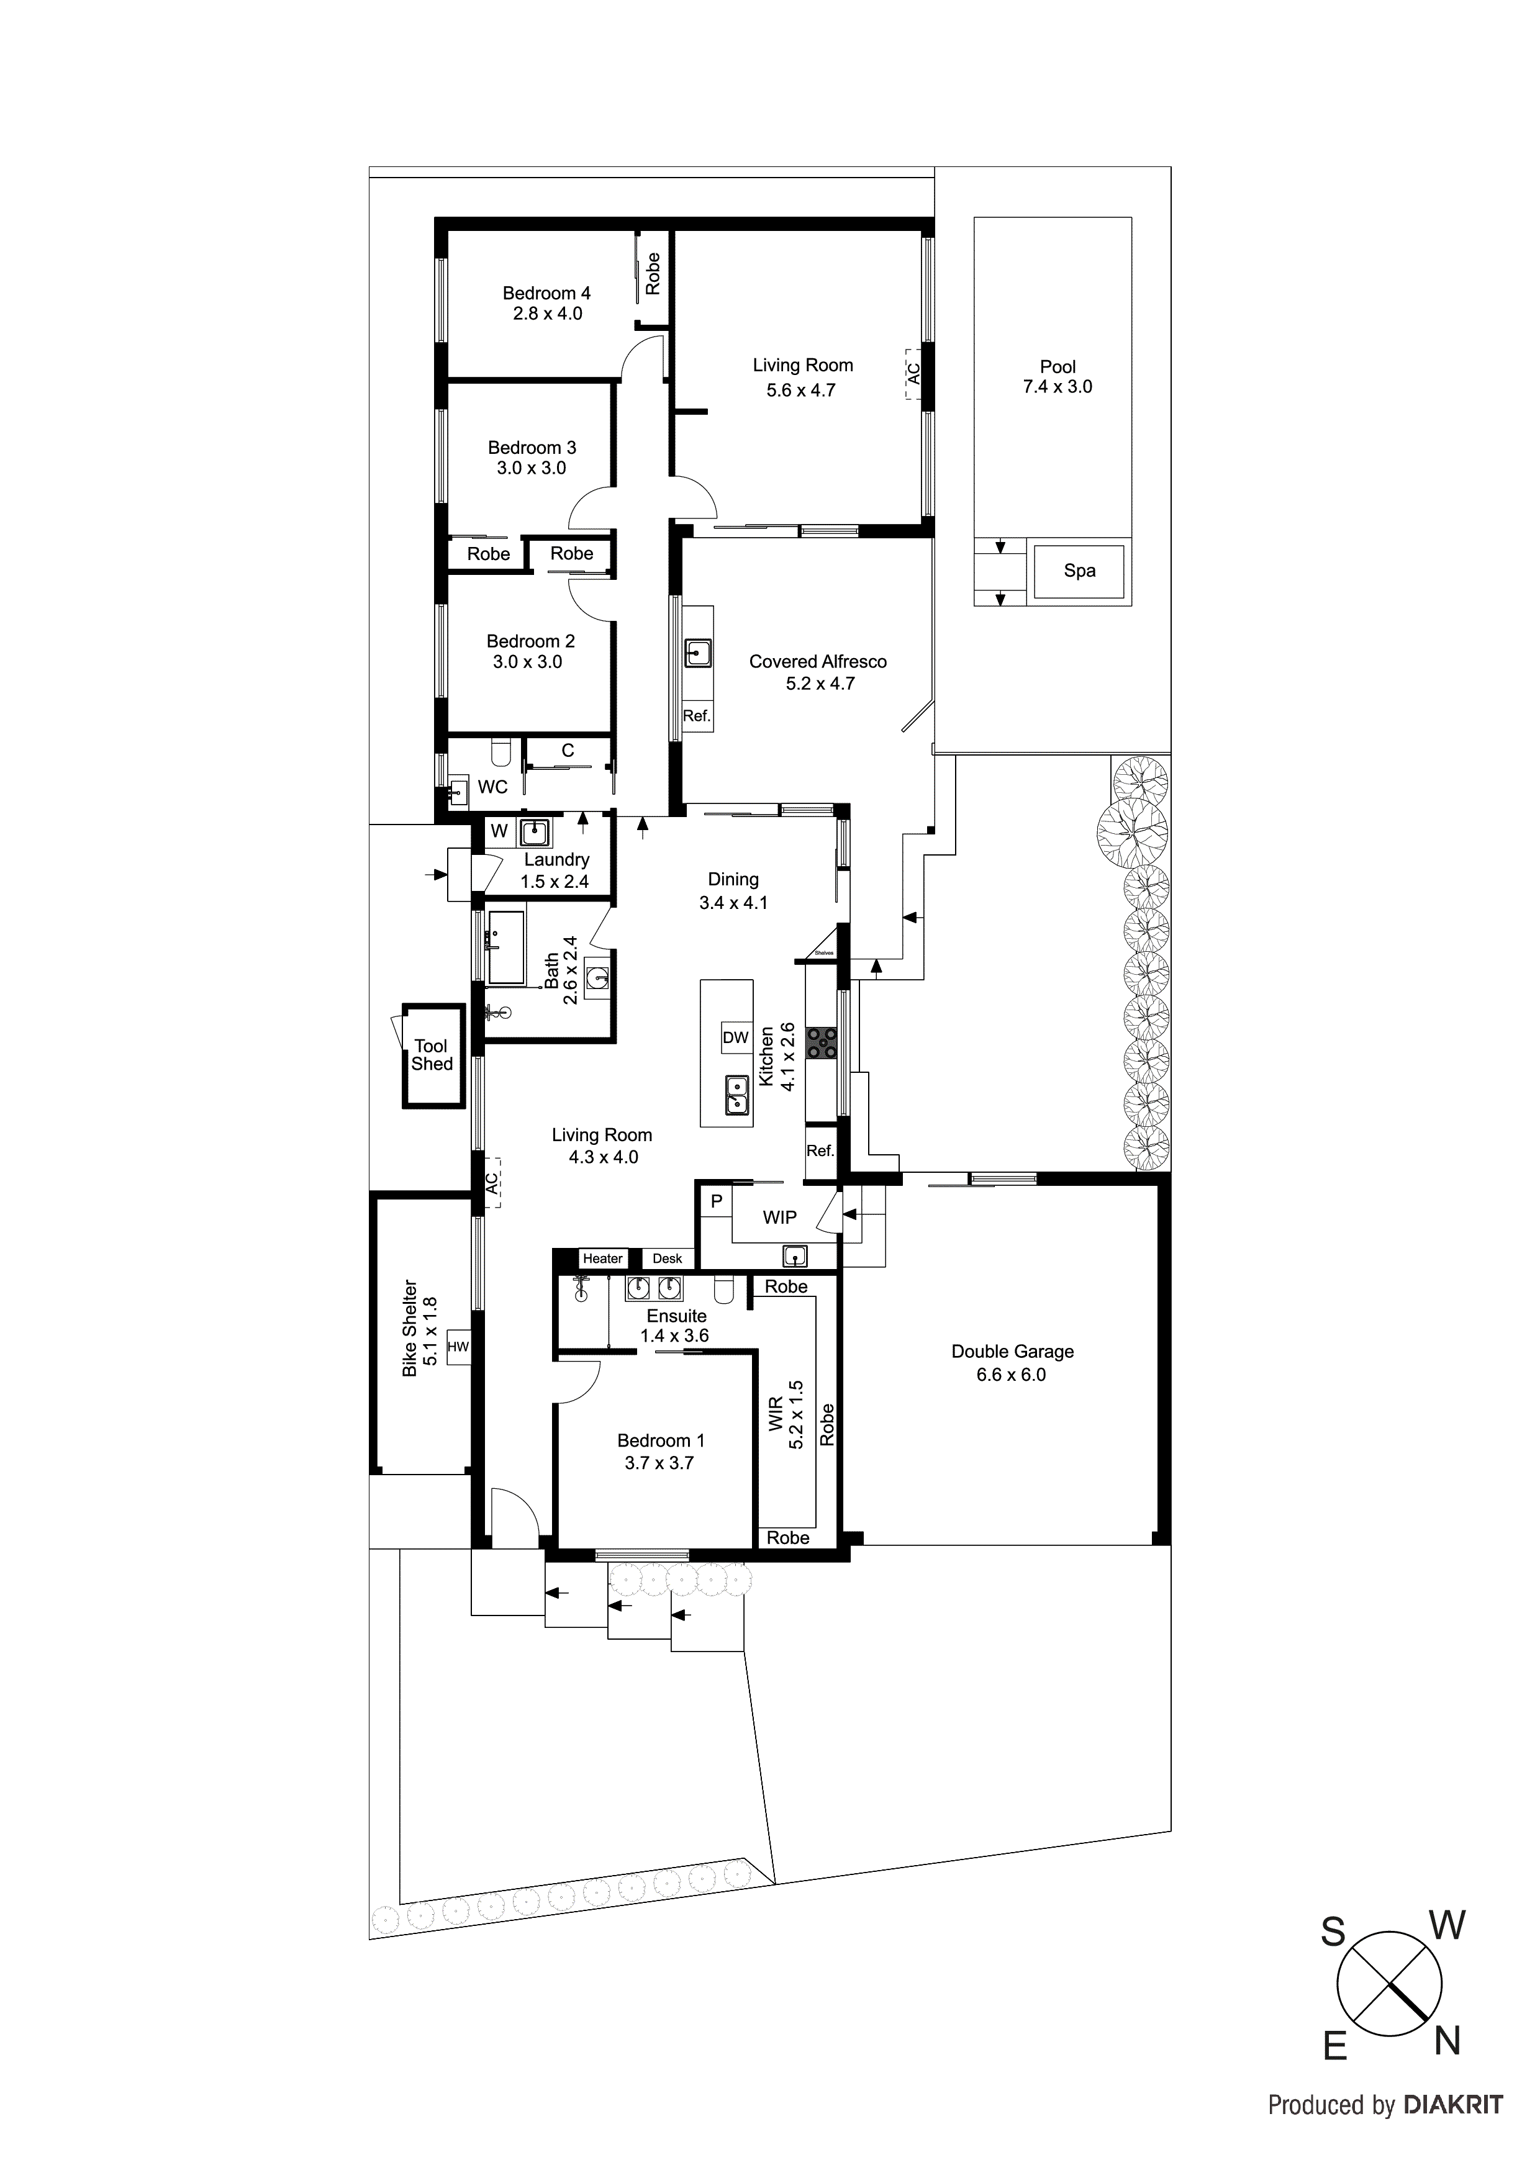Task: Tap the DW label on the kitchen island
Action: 735,1037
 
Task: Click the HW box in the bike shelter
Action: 458,1346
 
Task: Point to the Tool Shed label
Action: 432,1055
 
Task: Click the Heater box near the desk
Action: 602,1258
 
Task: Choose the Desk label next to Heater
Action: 667,1258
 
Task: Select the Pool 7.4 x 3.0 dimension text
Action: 1057,387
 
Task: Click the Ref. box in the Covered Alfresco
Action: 697,716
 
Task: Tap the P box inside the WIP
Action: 717,1202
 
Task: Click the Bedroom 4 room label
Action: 546,294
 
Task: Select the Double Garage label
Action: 1012,1352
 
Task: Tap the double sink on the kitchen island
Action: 735,1095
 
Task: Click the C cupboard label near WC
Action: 568,751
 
